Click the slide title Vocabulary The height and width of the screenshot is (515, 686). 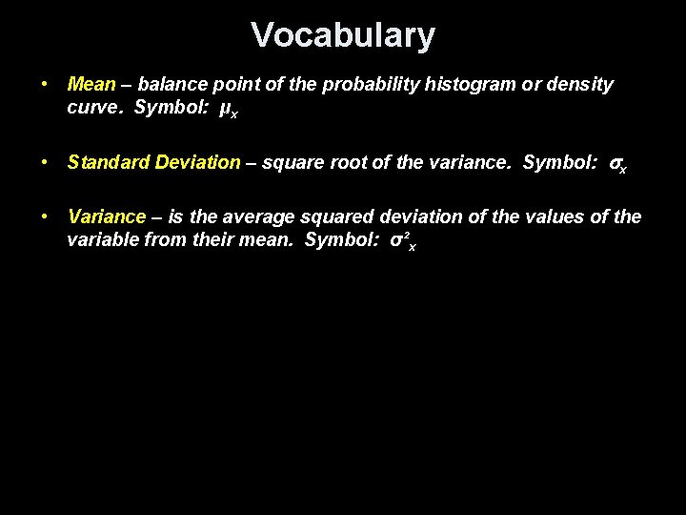coord(343,35)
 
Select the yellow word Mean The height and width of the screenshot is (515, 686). coord(91,85)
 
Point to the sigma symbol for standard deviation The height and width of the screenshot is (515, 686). coord(616,164)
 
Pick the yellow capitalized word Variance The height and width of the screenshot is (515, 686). coord(107,217)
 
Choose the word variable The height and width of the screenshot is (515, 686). coord(103,238)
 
